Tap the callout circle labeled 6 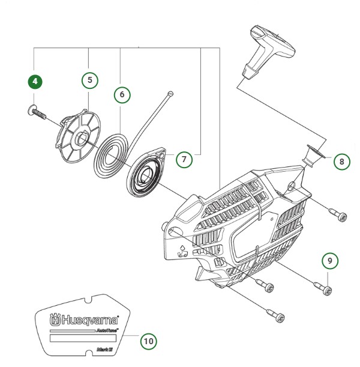[122, 94]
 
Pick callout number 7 [184, 159]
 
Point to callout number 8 [340, 161]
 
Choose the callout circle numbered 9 [328, 261]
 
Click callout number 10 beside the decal [148, 341]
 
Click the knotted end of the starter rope [171, 93]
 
